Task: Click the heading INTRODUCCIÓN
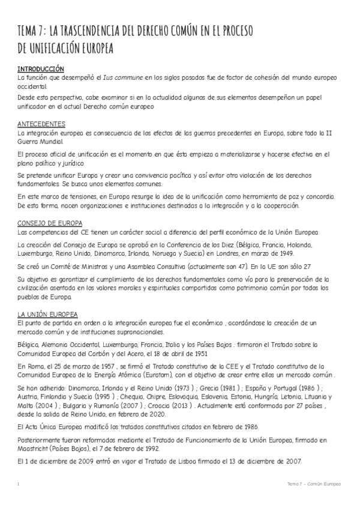click(x=41, y=70)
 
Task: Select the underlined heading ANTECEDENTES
click(x=41, y=124)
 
